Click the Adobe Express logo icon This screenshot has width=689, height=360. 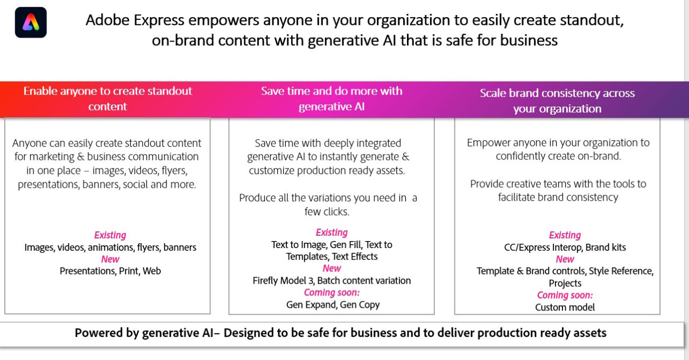pos(31,23)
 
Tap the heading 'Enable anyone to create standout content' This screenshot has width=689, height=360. pos(108,98)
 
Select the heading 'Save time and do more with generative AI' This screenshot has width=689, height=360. pos(332,98)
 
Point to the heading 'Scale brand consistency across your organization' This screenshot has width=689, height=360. pos(557,101)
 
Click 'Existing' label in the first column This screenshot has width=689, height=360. pos(110,235)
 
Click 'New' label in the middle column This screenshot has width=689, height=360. pos(332,269)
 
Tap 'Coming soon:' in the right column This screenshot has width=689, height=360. pos(565,295)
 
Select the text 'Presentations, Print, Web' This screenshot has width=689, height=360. pos(110,271)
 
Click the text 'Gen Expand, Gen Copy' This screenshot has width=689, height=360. pos(333,305)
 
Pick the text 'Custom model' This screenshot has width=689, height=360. pos(565,307)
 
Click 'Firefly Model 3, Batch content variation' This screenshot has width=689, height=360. pos(332,281)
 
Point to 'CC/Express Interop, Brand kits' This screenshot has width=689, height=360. pos(565,248)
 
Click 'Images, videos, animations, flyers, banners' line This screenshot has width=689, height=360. pos(110,248)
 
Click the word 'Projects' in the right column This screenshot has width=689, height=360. pos(565,283)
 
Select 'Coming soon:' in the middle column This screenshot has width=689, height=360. pos(332,293)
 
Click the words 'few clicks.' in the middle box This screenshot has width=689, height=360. pos(327,211)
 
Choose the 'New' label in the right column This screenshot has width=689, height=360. pos(565,259)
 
